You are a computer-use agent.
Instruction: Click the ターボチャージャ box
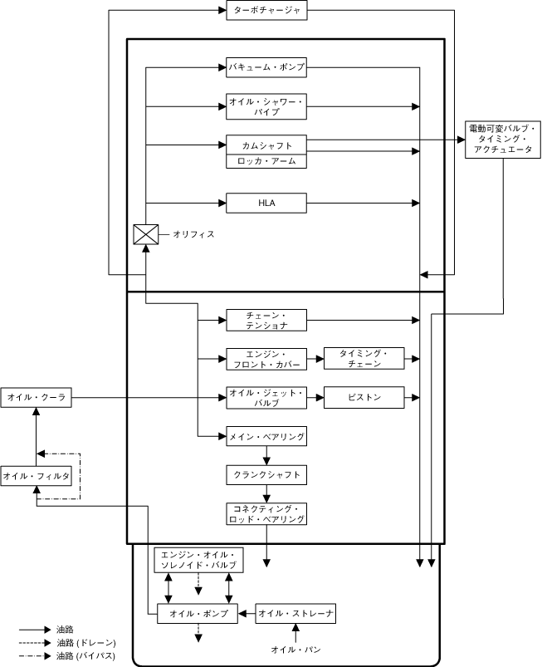pyautogui.click(x=266, y=11)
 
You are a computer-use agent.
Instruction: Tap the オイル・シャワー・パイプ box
pyautogui.click(x=266, y=105)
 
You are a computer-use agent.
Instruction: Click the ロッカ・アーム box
pyautogui.click(x=266, y=161)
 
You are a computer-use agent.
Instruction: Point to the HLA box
pyautogui.click(x=266, y=202)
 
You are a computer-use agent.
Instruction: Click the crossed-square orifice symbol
pyautogui.click(x=145, y=234)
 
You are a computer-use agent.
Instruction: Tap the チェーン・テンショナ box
pyautogui.click(x=266, y=319)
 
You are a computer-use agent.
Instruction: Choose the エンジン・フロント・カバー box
pyautogui.click(x=266, y=359)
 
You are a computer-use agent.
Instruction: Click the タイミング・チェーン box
pyautogui.click(x=364, y=359)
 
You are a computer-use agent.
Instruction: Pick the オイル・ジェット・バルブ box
pyautogui.click(x=266, y=397)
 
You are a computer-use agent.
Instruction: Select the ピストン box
pyautogui.click(x=364, y=397)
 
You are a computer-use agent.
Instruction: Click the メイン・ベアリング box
pyautogui.click(x=266, y=435)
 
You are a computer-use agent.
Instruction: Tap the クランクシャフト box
pyautogui.click(x=266, y=475)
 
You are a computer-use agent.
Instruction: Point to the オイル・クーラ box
pyautogui.click(x=36, y=399)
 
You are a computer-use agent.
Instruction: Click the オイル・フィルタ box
pyautogui.click(x=36, y=476)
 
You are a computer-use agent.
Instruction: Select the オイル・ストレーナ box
pyautogui.click(x=296, y=614)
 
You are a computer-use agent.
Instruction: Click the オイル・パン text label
pyautogui.click(x=296, y=648)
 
